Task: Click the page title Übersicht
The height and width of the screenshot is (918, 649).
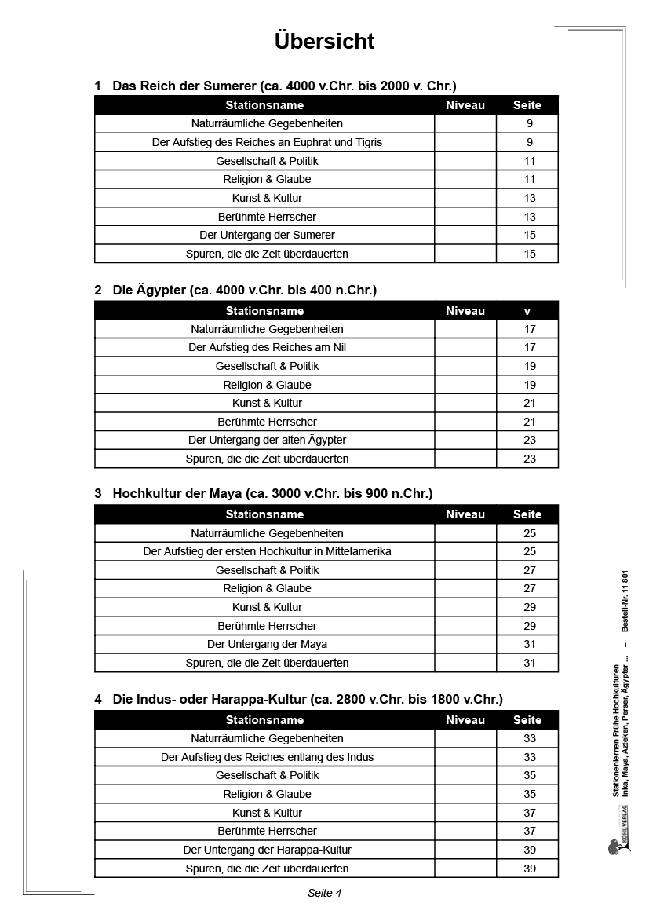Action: pos(324,41)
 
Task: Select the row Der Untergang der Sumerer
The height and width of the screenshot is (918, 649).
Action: pos(267,235)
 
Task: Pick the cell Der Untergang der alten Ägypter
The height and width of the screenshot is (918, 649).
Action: pos(267,440)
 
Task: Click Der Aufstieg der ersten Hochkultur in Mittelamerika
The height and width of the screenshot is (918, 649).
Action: pos(267,551)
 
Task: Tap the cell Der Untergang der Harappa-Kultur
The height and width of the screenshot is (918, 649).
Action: pos(267,850)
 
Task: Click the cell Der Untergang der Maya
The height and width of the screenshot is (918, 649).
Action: pos(267,644)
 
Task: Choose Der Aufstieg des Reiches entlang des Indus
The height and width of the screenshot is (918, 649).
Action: pos(267,757)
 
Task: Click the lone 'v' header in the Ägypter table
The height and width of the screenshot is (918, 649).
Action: pos(527,311)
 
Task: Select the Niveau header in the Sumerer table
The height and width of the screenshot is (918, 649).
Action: pos(465,105)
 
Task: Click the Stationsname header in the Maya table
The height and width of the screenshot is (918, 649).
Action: pos(264,514)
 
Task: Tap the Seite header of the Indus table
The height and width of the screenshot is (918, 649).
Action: pos(527,719)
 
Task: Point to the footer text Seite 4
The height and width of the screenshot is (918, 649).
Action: pos(324,893)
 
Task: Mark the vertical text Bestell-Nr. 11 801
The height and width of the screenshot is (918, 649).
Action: pos(625,600)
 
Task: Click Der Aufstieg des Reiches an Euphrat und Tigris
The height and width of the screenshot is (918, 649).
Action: pos(267,142)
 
